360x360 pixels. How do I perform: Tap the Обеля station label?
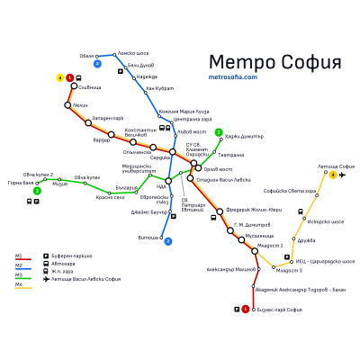pos(86,56)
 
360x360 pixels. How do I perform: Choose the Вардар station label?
pos(100,139)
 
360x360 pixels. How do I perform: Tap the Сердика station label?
pos(160,158)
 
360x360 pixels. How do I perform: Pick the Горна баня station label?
pos(20,183)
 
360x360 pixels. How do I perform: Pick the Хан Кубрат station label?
pos(159,87)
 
